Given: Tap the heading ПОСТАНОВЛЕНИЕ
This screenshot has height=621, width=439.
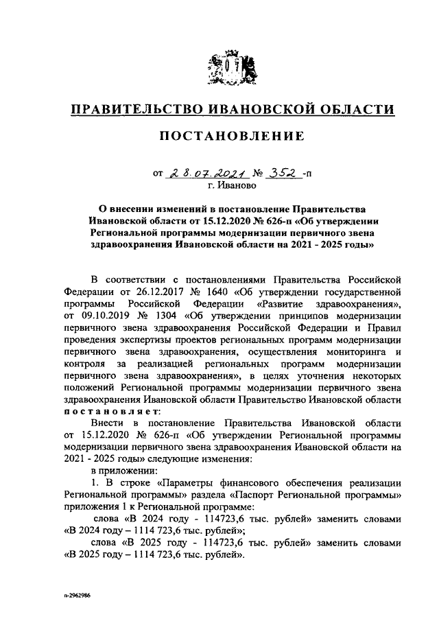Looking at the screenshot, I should click(232, 137).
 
